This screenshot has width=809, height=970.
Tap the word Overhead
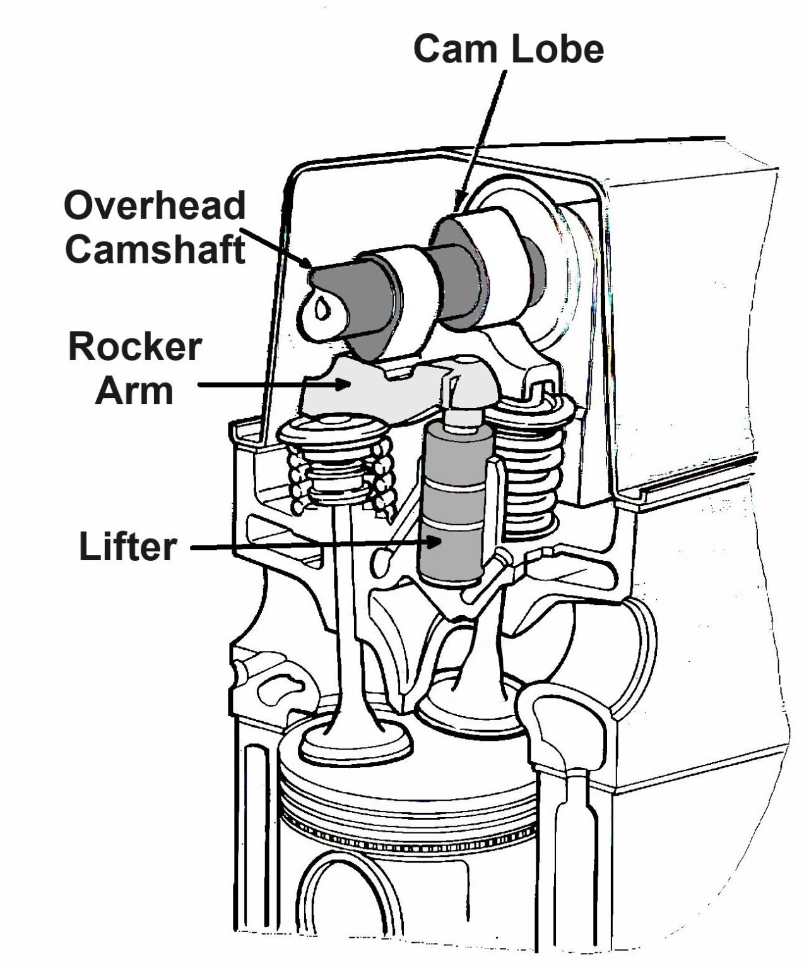155,206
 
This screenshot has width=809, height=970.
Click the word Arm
134,391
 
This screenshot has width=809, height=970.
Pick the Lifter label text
127,546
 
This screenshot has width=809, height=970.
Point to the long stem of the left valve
345,600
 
